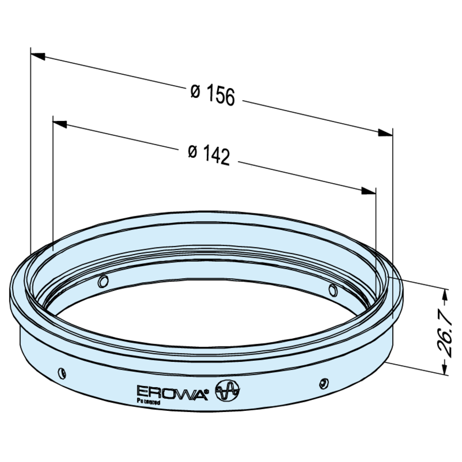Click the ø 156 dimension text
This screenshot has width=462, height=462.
(212, 95)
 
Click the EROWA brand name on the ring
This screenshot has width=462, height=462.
(171, 392)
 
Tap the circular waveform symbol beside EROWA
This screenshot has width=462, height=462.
(228, 391)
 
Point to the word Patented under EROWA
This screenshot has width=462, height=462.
(147, 402)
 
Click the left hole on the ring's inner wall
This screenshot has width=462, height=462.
(101, 282)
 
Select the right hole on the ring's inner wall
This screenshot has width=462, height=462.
(332, 289)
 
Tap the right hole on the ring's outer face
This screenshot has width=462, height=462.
(324, 382)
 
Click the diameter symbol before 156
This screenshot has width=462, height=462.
(195, 91)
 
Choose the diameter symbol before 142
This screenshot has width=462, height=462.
(191, 151)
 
